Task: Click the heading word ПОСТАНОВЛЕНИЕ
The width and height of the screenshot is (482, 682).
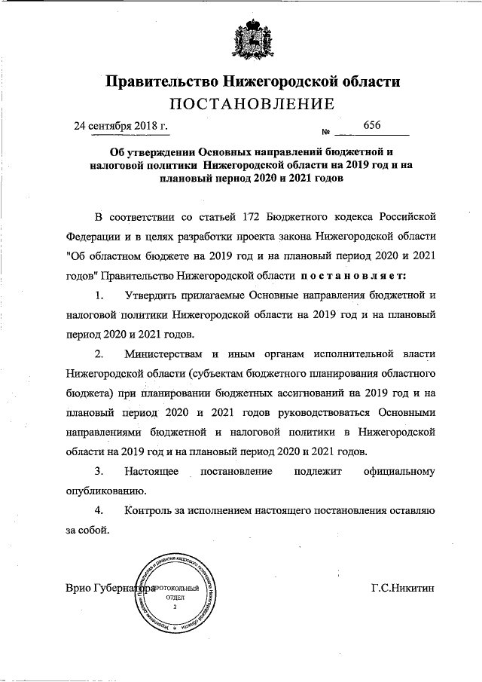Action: coord(242,102)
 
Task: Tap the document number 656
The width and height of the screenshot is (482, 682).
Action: coord(372,124)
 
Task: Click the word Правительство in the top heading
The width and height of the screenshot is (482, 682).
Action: coord(155,80)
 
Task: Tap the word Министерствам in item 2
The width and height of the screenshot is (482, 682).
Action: coord(165,353)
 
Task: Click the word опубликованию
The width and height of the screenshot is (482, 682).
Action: coord(96,491)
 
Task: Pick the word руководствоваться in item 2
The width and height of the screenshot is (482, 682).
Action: coord(284,413)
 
